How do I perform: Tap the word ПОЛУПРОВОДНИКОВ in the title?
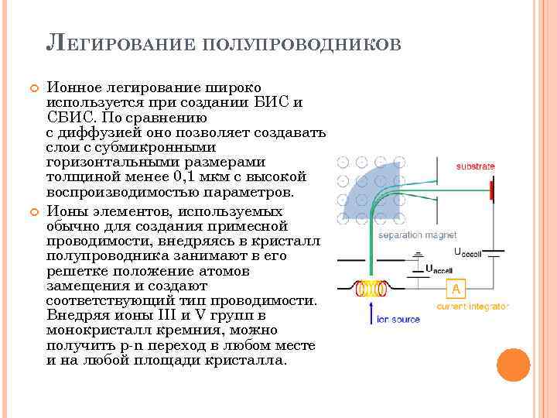point(302,44)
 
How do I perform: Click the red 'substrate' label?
point(475,166)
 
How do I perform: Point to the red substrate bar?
point(490,190)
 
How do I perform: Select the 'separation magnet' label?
point(417,235)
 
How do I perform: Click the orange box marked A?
point(456,289)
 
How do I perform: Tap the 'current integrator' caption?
point(472,307)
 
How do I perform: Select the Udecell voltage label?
point(468,252)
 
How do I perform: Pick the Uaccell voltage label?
point(439,269)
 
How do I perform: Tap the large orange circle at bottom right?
point(513,365)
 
